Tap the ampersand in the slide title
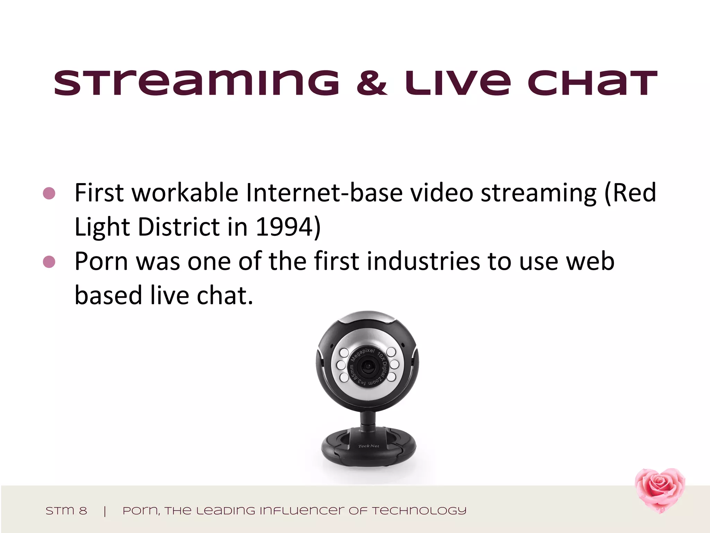click(372, 83)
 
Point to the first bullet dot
click(49, 193)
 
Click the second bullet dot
click(49, 262)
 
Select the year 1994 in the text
click(285, 227)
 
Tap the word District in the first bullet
click(179, 227)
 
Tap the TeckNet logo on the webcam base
click(369, 446)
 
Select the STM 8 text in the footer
click(66, 511)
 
